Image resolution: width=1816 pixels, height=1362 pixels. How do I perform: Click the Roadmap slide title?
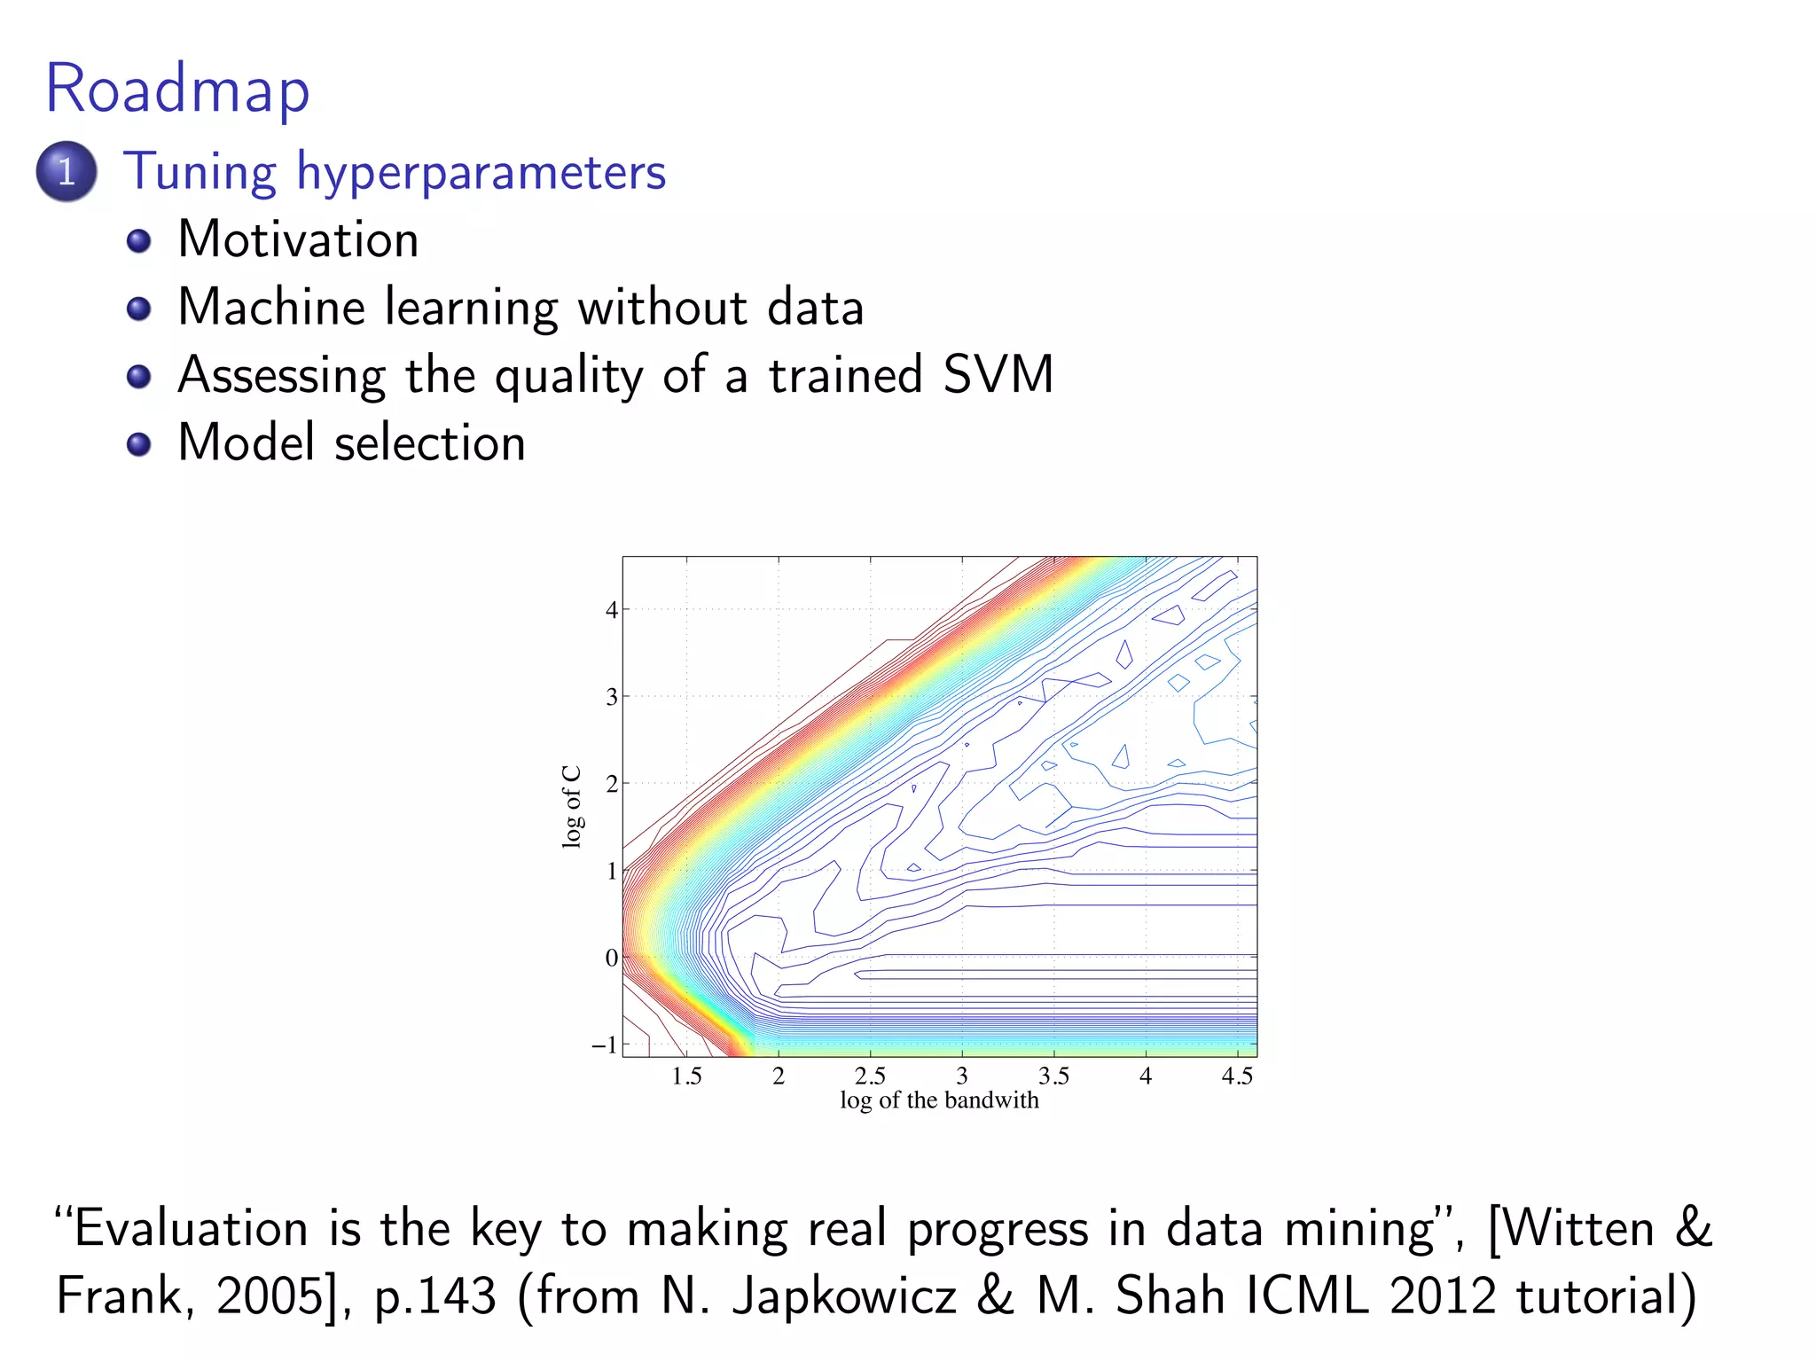click(177, 90)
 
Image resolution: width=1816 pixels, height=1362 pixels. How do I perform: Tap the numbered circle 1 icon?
click(67, 171)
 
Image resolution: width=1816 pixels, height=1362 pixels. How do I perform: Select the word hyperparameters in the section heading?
click(481, 173)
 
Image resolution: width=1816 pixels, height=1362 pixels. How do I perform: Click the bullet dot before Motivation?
click(138, 241)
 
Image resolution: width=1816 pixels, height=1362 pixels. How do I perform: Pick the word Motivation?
click(298, 239)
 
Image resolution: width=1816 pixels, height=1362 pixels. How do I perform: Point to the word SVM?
click(998, 374)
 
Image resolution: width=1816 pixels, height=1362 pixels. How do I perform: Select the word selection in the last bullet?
click(430, 442)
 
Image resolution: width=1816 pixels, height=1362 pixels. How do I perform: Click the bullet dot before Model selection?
click(138, 443)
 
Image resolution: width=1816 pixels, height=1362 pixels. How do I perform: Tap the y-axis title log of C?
click(572, 806)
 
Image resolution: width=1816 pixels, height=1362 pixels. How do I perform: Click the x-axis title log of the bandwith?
click(939, 1100)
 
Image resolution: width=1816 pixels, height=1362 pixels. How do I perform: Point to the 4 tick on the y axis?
click(611, 610)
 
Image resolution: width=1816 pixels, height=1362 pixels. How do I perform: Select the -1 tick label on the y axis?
click(604, 1045)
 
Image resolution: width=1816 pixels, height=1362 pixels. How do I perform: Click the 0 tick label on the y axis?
click(611, 958)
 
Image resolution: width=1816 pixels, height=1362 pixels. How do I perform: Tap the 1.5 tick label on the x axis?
click(686, 1076)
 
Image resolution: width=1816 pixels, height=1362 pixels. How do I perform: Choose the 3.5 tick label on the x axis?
click(1053, 1076)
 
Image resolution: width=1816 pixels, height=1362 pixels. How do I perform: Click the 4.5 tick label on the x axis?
click(1237, 1076)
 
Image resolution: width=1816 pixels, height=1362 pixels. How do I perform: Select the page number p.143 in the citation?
click(434, 1296)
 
